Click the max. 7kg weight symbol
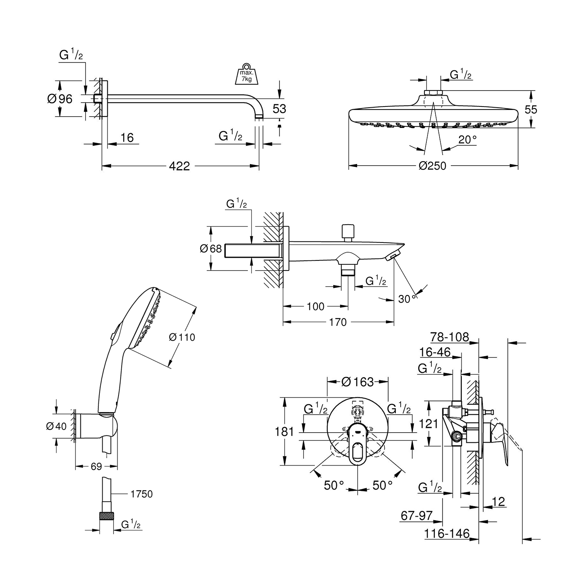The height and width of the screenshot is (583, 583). tap(246, 73)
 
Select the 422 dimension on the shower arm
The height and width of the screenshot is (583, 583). tap(179, 166)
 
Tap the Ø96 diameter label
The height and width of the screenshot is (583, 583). tap(60, 99)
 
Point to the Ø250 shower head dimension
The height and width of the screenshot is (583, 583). tap(432, 166)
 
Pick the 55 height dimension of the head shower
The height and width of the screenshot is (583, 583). tap(531, 109)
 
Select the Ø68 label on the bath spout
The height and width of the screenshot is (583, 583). tap(211, 248)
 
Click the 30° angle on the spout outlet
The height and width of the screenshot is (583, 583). tap(407, 298)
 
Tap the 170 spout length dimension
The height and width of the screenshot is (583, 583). tap(337, 322)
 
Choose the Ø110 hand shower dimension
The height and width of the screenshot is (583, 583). tap(182, 337)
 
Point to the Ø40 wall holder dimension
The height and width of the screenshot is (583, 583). tap(56, 426)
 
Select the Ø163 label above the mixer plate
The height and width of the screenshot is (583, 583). tap(357, 382)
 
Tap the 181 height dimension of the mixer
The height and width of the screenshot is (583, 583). tap(285, 431)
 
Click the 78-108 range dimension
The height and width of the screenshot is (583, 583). tap(450, 337)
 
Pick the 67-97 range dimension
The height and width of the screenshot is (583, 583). tap(417, 515)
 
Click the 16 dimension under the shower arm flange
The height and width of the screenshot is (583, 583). tap(127, 137)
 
